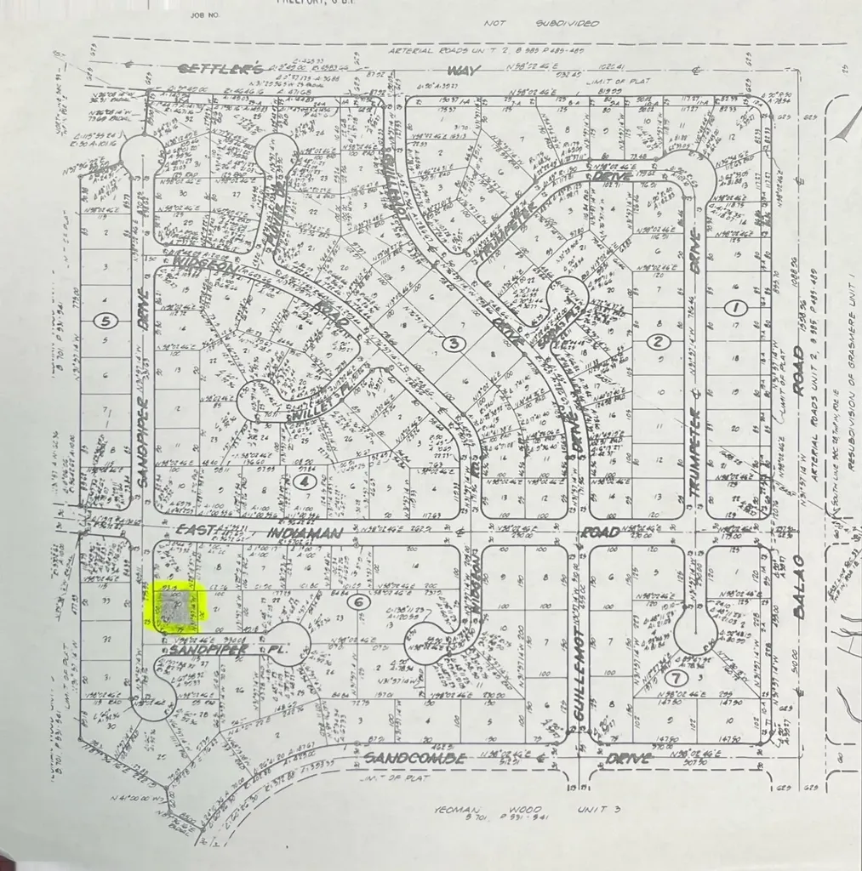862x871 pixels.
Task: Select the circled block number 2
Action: (657, 342)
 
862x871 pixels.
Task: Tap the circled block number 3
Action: (454, 344)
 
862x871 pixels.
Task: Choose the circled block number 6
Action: (360, 601)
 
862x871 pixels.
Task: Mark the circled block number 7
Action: (674, 678)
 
